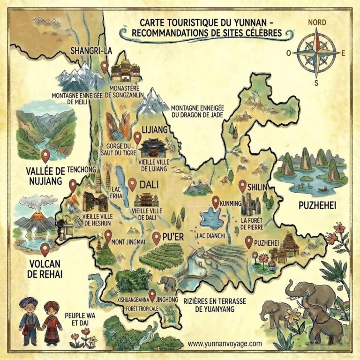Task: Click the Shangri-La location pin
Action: [x=105, y=67]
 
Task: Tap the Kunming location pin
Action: [x=215, y=202]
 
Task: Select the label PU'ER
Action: [x=172, y=237]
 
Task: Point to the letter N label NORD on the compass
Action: [x=317, y=22]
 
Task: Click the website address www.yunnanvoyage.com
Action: [x=225, y=344]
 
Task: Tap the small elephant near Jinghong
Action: [x=167, y=283]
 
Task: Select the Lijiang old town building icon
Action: [x=154, y=148]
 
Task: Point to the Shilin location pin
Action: [x=242, y=186]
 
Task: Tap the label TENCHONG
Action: [x=82, y=169]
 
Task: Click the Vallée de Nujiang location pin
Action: [x=45, y=155]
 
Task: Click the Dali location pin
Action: [x=132, y=184]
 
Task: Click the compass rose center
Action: [x=317, y=52]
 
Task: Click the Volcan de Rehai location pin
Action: [x=45, y=248]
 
